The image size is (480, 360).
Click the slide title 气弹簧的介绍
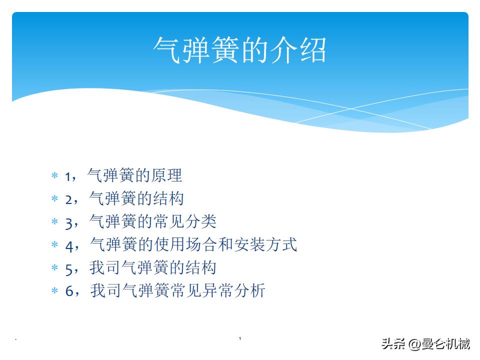click(239, 50)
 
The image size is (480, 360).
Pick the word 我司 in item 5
click(105, 267)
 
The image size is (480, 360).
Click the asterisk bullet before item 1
click(54, 176)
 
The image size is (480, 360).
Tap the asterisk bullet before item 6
click(54, 291)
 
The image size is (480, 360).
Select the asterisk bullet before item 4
click(54, 245)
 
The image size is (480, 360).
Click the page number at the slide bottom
click(240, 339)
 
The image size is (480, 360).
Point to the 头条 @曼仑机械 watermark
click(425, 344)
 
